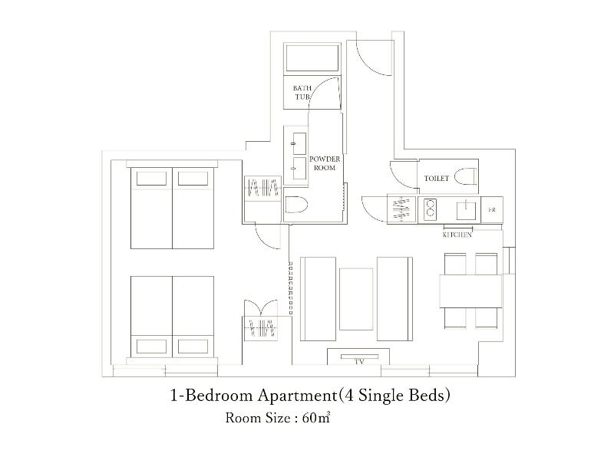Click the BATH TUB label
[302, 92]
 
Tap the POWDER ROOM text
[325, 163]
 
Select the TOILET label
[436, 179]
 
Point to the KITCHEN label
[457, 235]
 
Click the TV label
[359, 362]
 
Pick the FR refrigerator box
[492, 209]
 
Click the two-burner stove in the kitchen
[430, 208]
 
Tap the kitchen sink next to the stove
[466, 210]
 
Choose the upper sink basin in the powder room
[299, 143]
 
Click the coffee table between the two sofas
[356, 299]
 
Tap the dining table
[470, 291]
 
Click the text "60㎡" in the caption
[316, 418]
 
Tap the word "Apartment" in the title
[296, 396]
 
